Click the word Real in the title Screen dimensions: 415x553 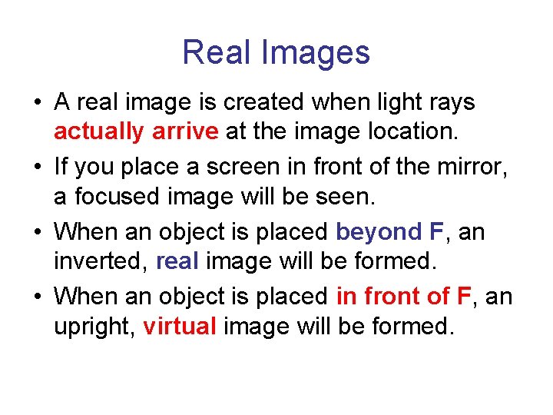217,52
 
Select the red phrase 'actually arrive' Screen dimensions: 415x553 136,132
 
